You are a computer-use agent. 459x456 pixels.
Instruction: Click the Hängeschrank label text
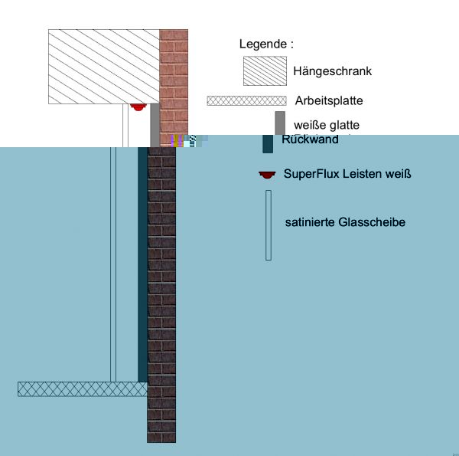(x=332, y=71)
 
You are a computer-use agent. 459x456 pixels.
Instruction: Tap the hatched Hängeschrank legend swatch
(x=265, y=71)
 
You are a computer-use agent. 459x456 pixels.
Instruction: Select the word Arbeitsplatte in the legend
(x=328, y=100)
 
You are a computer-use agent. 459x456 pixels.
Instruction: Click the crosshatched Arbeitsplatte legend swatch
(x=246, y=100)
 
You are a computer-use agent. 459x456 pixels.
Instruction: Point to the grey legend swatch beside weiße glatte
(x=280, y=123)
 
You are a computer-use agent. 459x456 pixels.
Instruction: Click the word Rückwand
(x=310, y=139)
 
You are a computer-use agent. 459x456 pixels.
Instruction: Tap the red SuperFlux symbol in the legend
(x=266, y=176)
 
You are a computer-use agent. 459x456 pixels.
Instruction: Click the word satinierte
(x=309, y=223)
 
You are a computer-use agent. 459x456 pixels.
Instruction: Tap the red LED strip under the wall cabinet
(x=138, y=107)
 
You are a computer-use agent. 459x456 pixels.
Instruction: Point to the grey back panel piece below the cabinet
(x=155, y=125)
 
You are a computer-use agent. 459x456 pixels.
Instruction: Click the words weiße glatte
(x=327, y=125)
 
